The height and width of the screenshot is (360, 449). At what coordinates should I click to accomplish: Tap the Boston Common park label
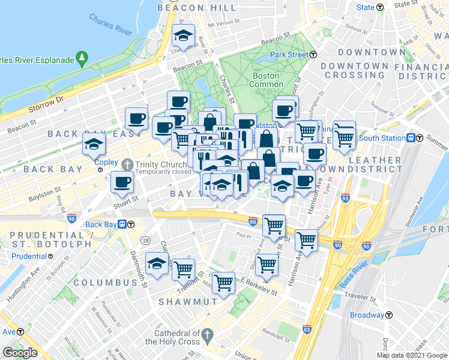(265, 80)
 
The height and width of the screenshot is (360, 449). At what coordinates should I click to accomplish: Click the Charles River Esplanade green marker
(82, 59)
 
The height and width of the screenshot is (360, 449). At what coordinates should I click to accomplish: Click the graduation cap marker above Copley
(94, 144)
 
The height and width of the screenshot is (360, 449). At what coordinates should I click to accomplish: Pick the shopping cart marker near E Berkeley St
(223, 281)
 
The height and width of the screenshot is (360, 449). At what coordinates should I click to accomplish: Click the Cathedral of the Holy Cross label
(176, 337)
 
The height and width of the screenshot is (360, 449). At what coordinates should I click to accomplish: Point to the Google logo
(20, 353)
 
